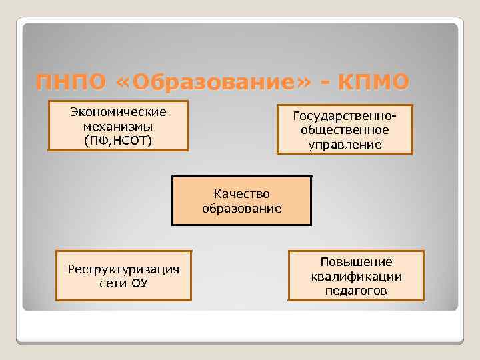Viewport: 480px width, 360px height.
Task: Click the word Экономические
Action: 118,111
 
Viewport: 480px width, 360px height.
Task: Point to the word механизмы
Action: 118,126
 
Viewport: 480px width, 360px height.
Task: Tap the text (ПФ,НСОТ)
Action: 118,140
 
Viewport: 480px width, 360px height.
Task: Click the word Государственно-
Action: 345,116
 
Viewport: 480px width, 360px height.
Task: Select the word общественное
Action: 345,130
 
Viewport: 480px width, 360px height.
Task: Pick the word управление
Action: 345,144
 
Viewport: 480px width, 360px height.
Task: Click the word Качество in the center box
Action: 242,194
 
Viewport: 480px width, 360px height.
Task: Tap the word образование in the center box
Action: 242,208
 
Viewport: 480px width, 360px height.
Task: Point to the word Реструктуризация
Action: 124,269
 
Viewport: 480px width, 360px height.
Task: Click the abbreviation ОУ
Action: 139,283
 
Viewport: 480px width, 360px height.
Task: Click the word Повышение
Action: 356,262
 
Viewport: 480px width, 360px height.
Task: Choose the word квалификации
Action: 356,276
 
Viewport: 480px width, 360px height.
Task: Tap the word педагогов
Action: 356,291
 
